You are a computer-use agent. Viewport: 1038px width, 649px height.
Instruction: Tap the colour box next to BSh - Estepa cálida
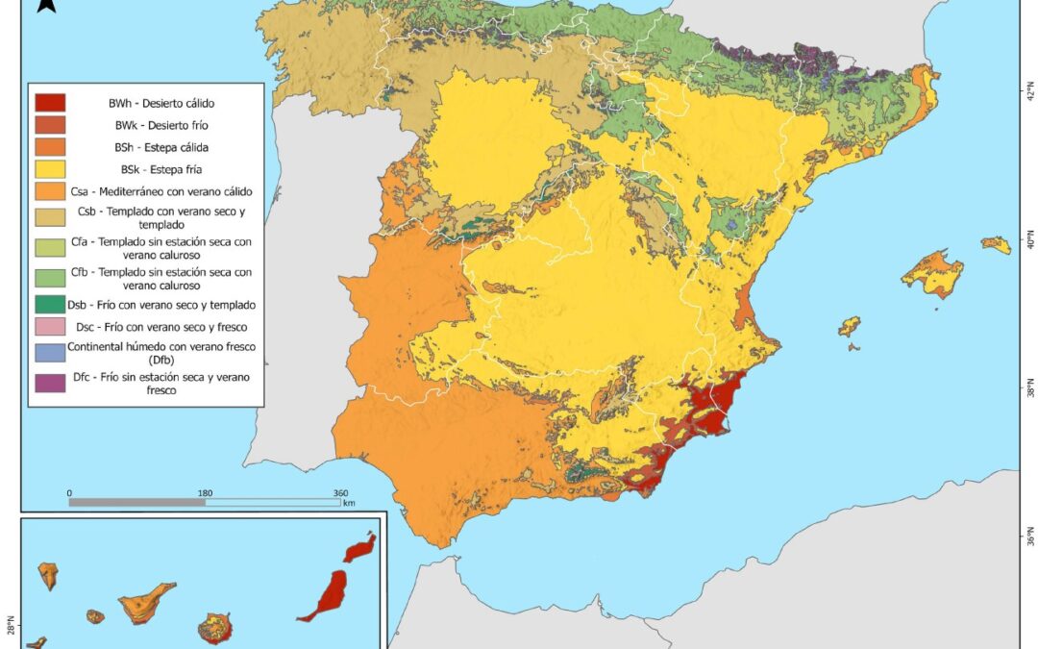tap(49, 148)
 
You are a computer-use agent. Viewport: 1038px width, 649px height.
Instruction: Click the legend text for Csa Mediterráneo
tap(161, 191)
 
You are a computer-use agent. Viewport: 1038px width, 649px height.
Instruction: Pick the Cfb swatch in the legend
tap(49, 279)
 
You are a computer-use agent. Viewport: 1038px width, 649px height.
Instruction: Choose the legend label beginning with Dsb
tap(161, 305)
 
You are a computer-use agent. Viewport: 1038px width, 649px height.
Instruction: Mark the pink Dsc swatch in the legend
tap(49, 328)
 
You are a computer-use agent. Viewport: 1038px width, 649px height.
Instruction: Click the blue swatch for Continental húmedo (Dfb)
tap(49, 352)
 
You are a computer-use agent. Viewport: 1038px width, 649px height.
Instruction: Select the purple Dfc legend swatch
tap(49, 383)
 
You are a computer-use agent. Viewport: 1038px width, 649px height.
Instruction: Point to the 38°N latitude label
tap(1030, 391)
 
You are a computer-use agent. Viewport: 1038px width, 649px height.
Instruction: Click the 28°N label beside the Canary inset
tap(11, 625)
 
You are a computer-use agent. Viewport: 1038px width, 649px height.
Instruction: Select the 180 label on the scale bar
tap(205, 493)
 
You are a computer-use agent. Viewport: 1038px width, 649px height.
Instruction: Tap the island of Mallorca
tap(931, 273)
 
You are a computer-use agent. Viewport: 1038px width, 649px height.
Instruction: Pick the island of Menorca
tap(997, 244)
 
